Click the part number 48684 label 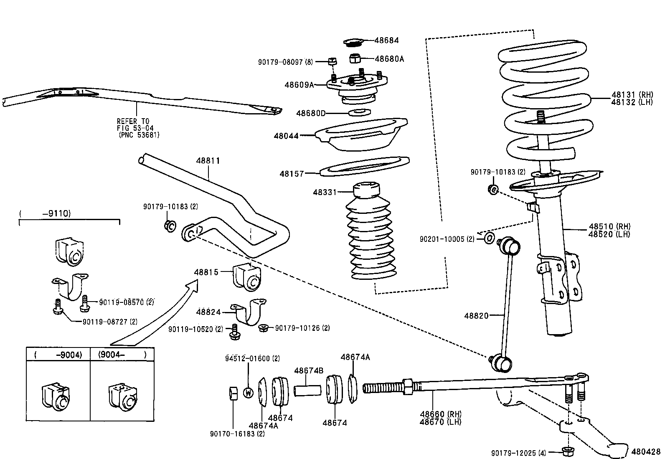click(386, 41)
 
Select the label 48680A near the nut click(389, 59)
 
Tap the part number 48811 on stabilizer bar click(208, 161)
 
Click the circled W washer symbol click(248, 393)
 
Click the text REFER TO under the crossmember click(133, 121)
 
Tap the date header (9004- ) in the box click(122, 355)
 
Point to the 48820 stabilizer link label click(476, 316)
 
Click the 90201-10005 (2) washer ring click(490, 238)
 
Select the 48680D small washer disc click(359, 112)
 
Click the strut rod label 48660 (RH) click(440, 414)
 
